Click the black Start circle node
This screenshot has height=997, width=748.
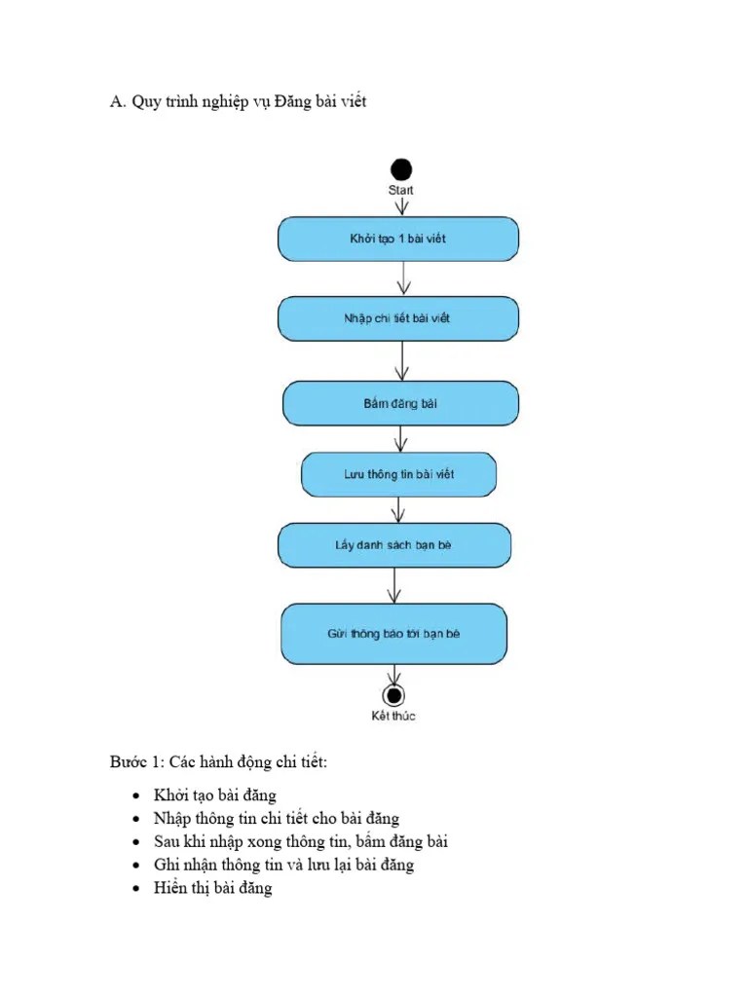(400, 169)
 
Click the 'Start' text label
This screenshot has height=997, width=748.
(400, 191)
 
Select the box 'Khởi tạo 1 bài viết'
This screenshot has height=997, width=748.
(398, 239)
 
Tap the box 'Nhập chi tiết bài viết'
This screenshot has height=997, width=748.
(398, 318)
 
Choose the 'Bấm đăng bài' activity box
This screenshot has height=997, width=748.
(400, 402)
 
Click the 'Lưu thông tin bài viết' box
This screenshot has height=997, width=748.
(398, 475)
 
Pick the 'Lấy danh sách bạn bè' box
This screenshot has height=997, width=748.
(394, 545)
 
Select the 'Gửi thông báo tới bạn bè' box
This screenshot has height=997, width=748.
(394, 633)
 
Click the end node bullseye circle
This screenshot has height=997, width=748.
(393, 695)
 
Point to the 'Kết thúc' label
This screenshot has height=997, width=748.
(393, 716)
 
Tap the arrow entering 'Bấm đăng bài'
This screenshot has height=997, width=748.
(400, 361)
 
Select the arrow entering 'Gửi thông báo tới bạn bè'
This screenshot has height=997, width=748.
(393, 585)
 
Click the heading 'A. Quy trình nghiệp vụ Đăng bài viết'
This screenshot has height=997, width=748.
(239, 102)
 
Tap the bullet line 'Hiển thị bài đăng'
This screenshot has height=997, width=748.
(212, 888)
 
